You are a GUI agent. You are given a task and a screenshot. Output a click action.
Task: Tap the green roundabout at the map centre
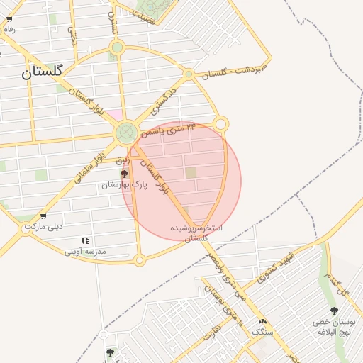click(x=127, y=131)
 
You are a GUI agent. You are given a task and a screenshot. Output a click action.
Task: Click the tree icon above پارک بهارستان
click(x=125, y=174)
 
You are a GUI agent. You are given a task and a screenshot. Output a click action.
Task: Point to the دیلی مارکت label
click(x=43, y=227)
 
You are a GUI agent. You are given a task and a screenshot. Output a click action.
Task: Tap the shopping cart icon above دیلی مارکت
click(x=43, y=216)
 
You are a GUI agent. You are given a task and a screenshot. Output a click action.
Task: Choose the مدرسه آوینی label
click(x=85, y=251)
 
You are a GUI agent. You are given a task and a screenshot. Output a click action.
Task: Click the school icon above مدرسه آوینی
click(x=85, y=241)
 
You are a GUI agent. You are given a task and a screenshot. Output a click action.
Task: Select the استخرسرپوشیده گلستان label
click(x=196, y=234)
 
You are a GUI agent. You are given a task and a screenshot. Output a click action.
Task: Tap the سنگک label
click(x=262, y=331)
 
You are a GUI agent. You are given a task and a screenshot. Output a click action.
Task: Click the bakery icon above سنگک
click(x=262, y=321)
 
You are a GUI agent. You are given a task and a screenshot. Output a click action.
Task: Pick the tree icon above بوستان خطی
click(x=334, y=311)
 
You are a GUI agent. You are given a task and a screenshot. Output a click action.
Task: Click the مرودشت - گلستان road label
click(x=233, y=70)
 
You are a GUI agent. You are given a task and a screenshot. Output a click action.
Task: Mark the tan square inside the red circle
click(x=191, y=172)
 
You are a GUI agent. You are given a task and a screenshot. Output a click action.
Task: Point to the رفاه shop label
click(x=9, y=29)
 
